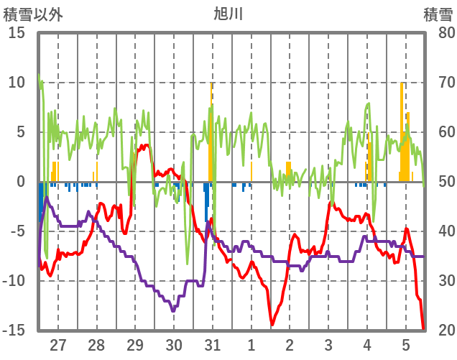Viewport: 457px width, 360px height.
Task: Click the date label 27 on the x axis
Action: pos(57,344)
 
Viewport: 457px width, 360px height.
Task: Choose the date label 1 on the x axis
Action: pos(251,344)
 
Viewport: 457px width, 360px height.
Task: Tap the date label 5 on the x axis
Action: pos(405,344)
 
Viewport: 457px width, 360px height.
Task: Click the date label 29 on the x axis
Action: pos(135,344)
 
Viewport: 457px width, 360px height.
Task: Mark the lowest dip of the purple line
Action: pos(173,310)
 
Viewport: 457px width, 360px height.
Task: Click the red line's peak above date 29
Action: pos(146,145)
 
